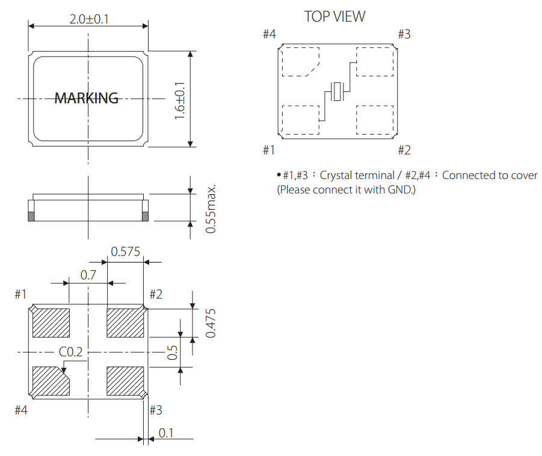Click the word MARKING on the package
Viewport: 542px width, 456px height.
pos(87,98)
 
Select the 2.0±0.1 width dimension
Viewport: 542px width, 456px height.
pos(89,19)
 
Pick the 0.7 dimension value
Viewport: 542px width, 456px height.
pos(88,276)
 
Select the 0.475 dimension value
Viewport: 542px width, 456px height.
pos(210,323)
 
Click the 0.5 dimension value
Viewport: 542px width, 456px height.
pos(172,352)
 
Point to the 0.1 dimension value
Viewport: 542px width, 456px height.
pos(165,432)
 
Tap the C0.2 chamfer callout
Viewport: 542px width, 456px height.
pos(70,352)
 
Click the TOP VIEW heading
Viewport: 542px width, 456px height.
pos(334,16)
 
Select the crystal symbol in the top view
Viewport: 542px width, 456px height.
pos(337,91)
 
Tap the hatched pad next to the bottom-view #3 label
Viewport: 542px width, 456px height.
pos(125,381)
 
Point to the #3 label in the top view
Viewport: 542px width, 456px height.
pos(404,34)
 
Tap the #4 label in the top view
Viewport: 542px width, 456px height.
pos(269,34)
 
